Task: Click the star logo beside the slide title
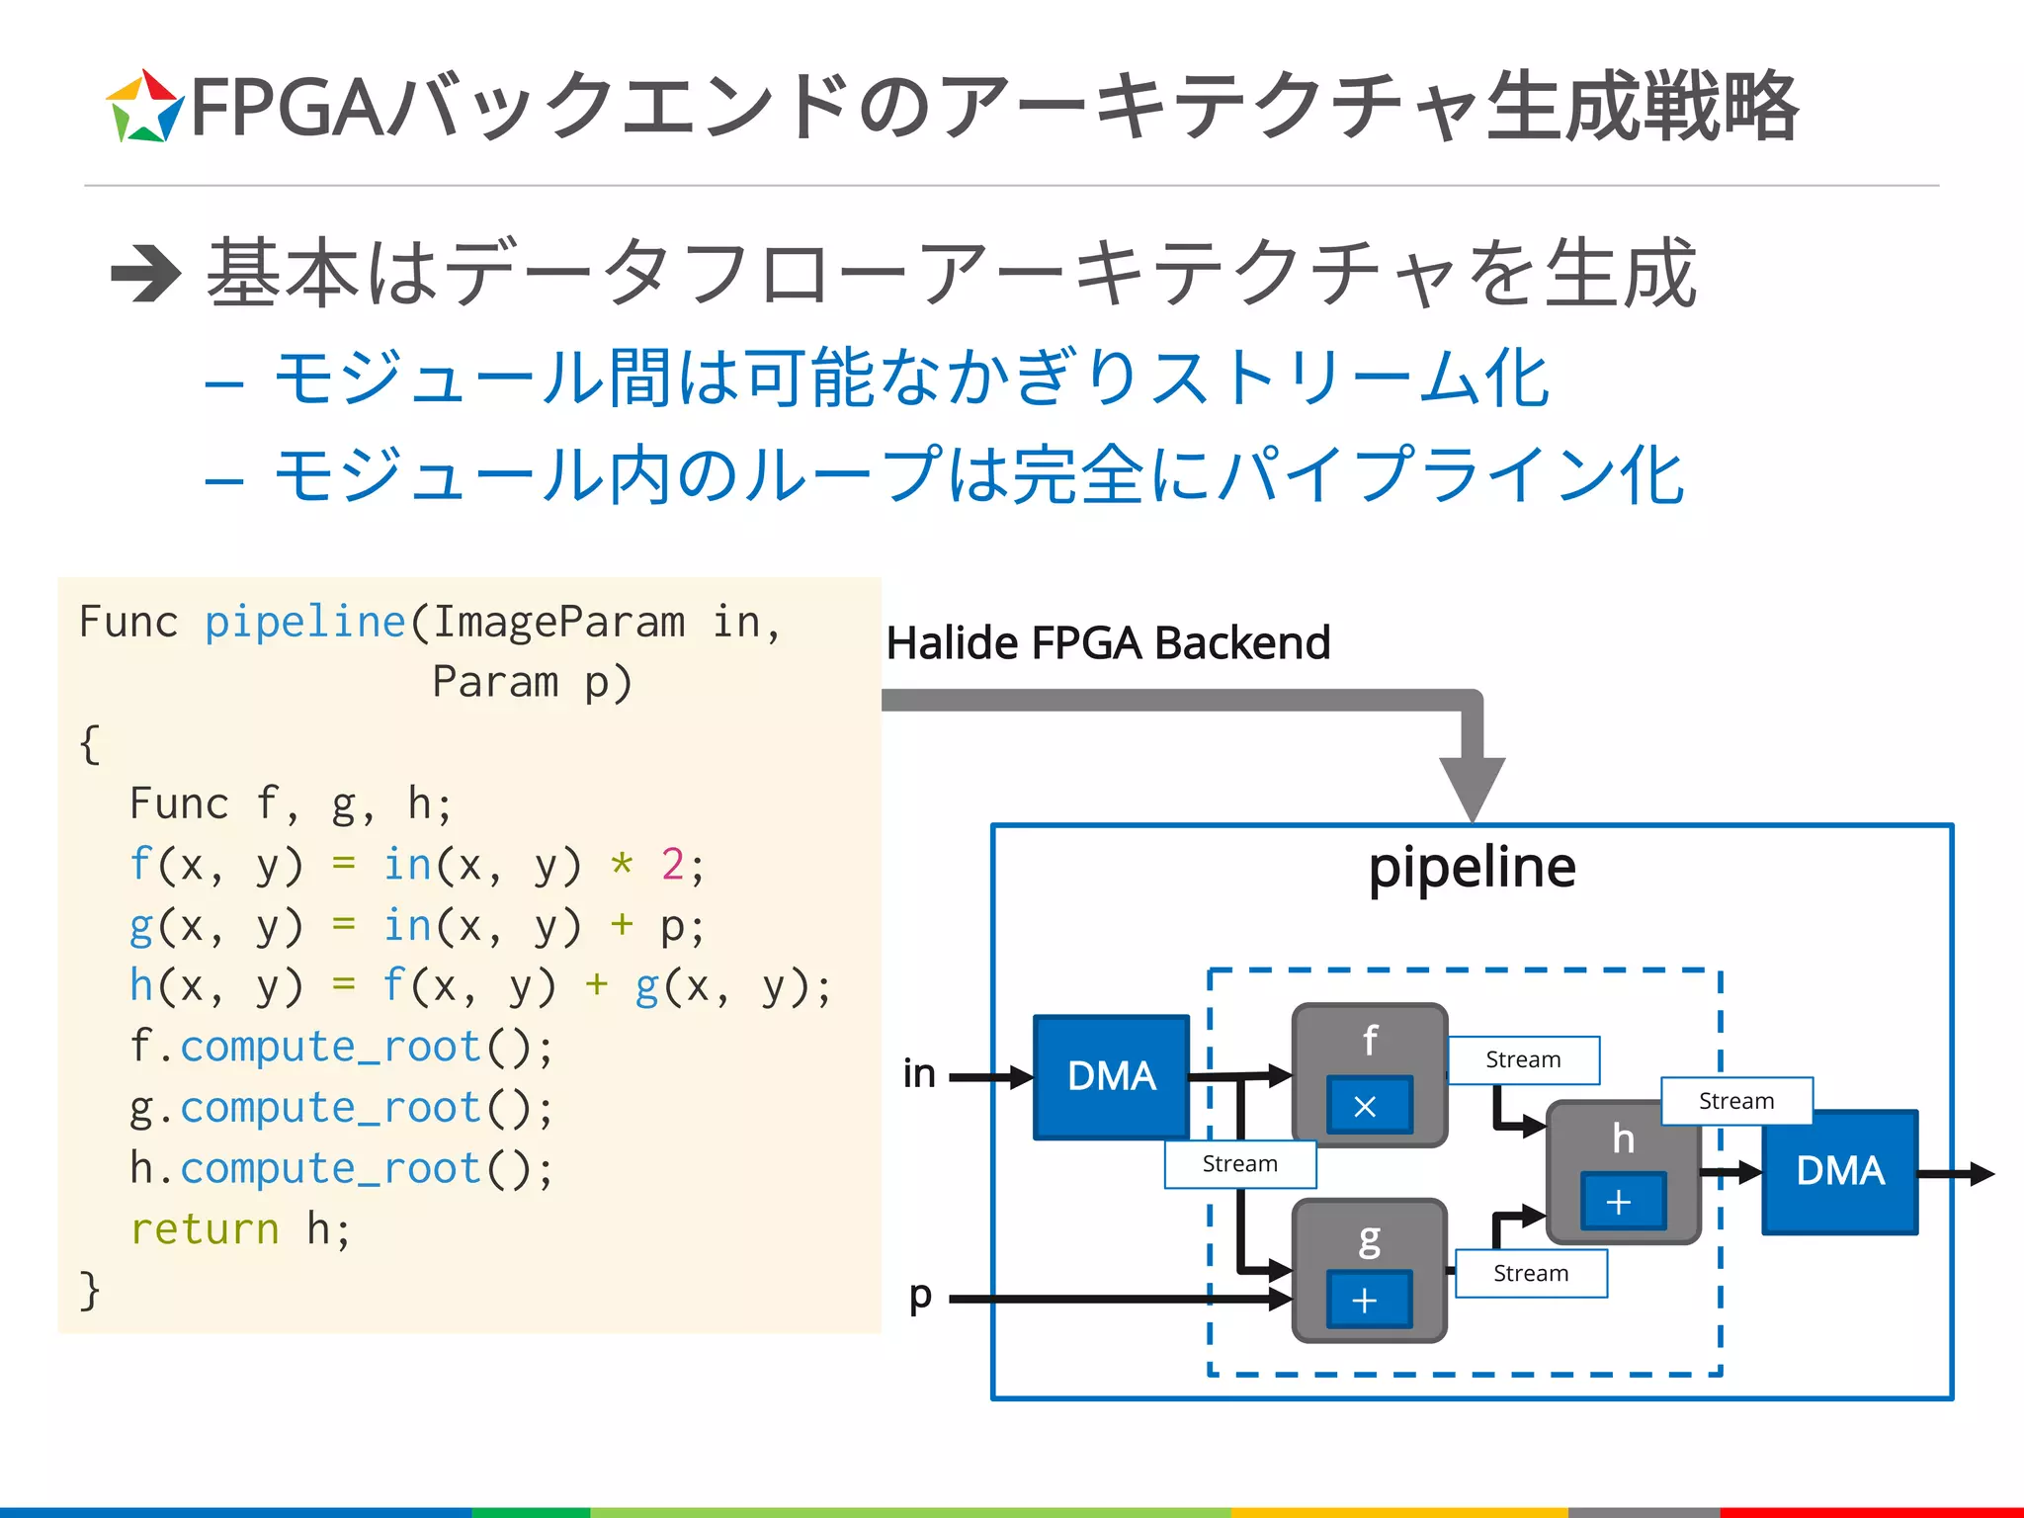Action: [144, 107]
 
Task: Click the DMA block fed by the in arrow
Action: [1111, 1076]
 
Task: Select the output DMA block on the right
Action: [1839, 1171]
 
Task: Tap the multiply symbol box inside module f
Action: [1368, 1105]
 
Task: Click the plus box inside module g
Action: [1368, 1300]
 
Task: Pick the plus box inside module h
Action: [1621, 1201]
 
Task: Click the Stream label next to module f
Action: [1523, 1059]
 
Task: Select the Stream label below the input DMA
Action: [1239, 1164]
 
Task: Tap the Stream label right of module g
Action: [1530, 1273]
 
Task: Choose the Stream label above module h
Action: [1735, 1100]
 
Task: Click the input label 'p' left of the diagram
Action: [920, 1296]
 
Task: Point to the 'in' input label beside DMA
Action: [919, 1073]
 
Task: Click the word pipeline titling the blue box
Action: [1472, 868]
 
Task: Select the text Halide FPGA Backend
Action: [1108, 642]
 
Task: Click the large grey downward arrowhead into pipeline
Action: [1472, 786]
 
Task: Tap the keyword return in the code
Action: [205, 1229]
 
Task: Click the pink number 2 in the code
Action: [672, 865]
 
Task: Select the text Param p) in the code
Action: [532, 682]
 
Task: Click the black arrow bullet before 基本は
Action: [145, 274]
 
